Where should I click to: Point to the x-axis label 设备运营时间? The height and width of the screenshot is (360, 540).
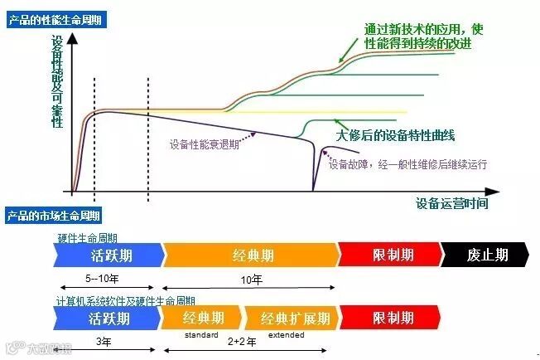click(x=451, y=202)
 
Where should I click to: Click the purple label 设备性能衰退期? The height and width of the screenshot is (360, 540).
click(x=205, y=144)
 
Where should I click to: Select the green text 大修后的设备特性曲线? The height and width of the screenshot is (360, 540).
click(x=396, y=134)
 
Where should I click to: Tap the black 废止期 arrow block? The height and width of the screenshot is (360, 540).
click(x=486, y=255)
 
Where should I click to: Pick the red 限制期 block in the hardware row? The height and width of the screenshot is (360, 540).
click(x=390, y=255)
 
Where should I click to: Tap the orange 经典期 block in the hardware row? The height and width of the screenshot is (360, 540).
click(x=249, y=255)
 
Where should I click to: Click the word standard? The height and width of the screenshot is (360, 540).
click(x=201, y=335)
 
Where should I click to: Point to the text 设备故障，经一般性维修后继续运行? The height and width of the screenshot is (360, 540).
click(x=407, y=164)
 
